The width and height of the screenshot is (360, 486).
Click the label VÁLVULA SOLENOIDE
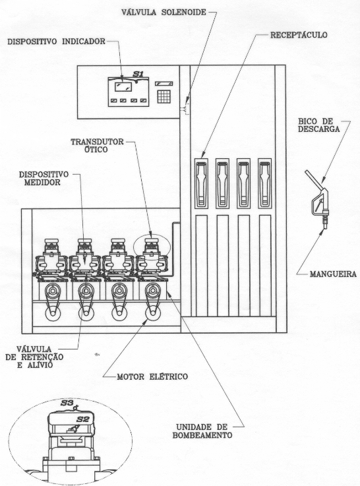click(x=164, y=12)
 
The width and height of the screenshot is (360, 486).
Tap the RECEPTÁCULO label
click(x=299, y=35)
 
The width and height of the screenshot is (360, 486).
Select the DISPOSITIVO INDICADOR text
click(x=57, y=42)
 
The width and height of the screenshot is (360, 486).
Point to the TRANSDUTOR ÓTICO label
click(x=98, y=145)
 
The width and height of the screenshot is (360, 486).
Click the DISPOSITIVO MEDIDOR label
click(x=44, y=178)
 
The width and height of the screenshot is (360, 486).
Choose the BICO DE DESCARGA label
click(x=319, y=125)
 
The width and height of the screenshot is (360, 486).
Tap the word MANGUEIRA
click(x=333, y=274)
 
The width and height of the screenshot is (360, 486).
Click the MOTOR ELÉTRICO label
click(x=152, y=377)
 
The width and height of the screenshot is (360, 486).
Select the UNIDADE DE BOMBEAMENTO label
click(x=202, y=431)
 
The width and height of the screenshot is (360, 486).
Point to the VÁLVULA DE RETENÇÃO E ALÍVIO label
click(x=34, y=357)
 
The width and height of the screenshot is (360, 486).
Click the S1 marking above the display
click(x=138, y=74)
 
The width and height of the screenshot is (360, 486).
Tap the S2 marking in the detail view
click(x=83, y=419)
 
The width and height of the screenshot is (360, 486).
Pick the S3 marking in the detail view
click(x=67, y=404)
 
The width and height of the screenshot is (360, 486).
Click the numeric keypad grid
click(x=164, y=96)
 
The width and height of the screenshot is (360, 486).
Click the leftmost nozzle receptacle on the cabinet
click(x=201, y=183)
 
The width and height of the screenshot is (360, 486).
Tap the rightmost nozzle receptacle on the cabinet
click(x=265, y=183)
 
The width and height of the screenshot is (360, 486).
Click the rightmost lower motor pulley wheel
click(x=153, y=314)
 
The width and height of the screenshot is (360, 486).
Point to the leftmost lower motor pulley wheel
click(x=53, y=314)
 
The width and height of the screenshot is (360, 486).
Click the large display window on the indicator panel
click(x=123, y=87)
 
